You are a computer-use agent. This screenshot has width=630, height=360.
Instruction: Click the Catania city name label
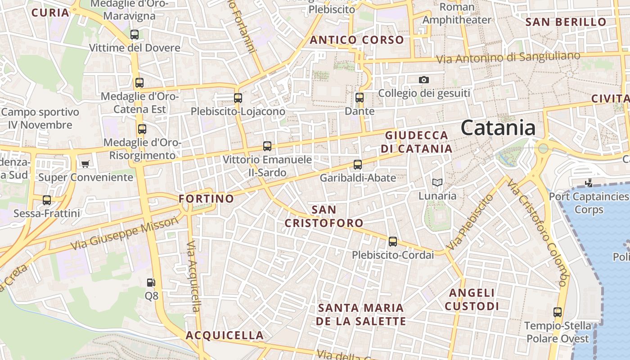tap(498, 128)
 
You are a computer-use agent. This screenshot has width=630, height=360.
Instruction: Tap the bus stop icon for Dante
tap(359, 97)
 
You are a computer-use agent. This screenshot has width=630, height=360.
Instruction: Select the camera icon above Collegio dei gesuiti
tap(423, 80)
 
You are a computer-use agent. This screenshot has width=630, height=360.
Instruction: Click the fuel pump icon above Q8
tap(151, 283)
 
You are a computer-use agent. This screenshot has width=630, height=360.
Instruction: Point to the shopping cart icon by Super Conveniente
tap(85, 164)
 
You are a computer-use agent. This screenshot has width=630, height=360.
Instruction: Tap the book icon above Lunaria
tap(437, 182)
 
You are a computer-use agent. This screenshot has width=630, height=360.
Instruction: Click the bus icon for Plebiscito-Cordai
tap(393, 242)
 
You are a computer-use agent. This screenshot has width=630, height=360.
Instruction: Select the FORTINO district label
tap(207, 198)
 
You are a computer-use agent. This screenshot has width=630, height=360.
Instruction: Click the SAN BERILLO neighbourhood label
tap(566, 22)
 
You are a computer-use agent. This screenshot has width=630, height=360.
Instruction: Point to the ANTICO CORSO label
tap(357, 40)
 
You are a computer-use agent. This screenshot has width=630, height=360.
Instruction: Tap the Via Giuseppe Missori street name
tap(125, 234)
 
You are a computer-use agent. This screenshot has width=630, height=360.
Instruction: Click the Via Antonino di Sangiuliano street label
tap(508, 58)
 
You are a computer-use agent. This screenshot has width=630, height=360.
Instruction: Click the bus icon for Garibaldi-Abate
tap(358, 165)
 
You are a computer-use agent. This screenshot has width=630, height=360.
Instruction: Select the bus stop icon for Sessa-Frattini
tap(47, 200)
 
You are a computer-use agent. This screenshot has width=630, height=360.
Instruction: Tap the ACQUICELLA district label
tap(225, 335)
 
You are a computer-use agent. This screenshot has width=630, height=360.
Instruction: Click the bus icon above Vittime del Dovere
tap(134, 34)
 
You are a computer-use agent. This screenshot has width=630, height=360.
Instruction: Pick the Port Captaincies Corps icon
tap(588, 183)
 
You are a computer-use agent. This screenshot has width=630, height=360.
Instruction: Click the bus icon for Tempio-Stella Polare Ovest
tap(558, 312)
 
